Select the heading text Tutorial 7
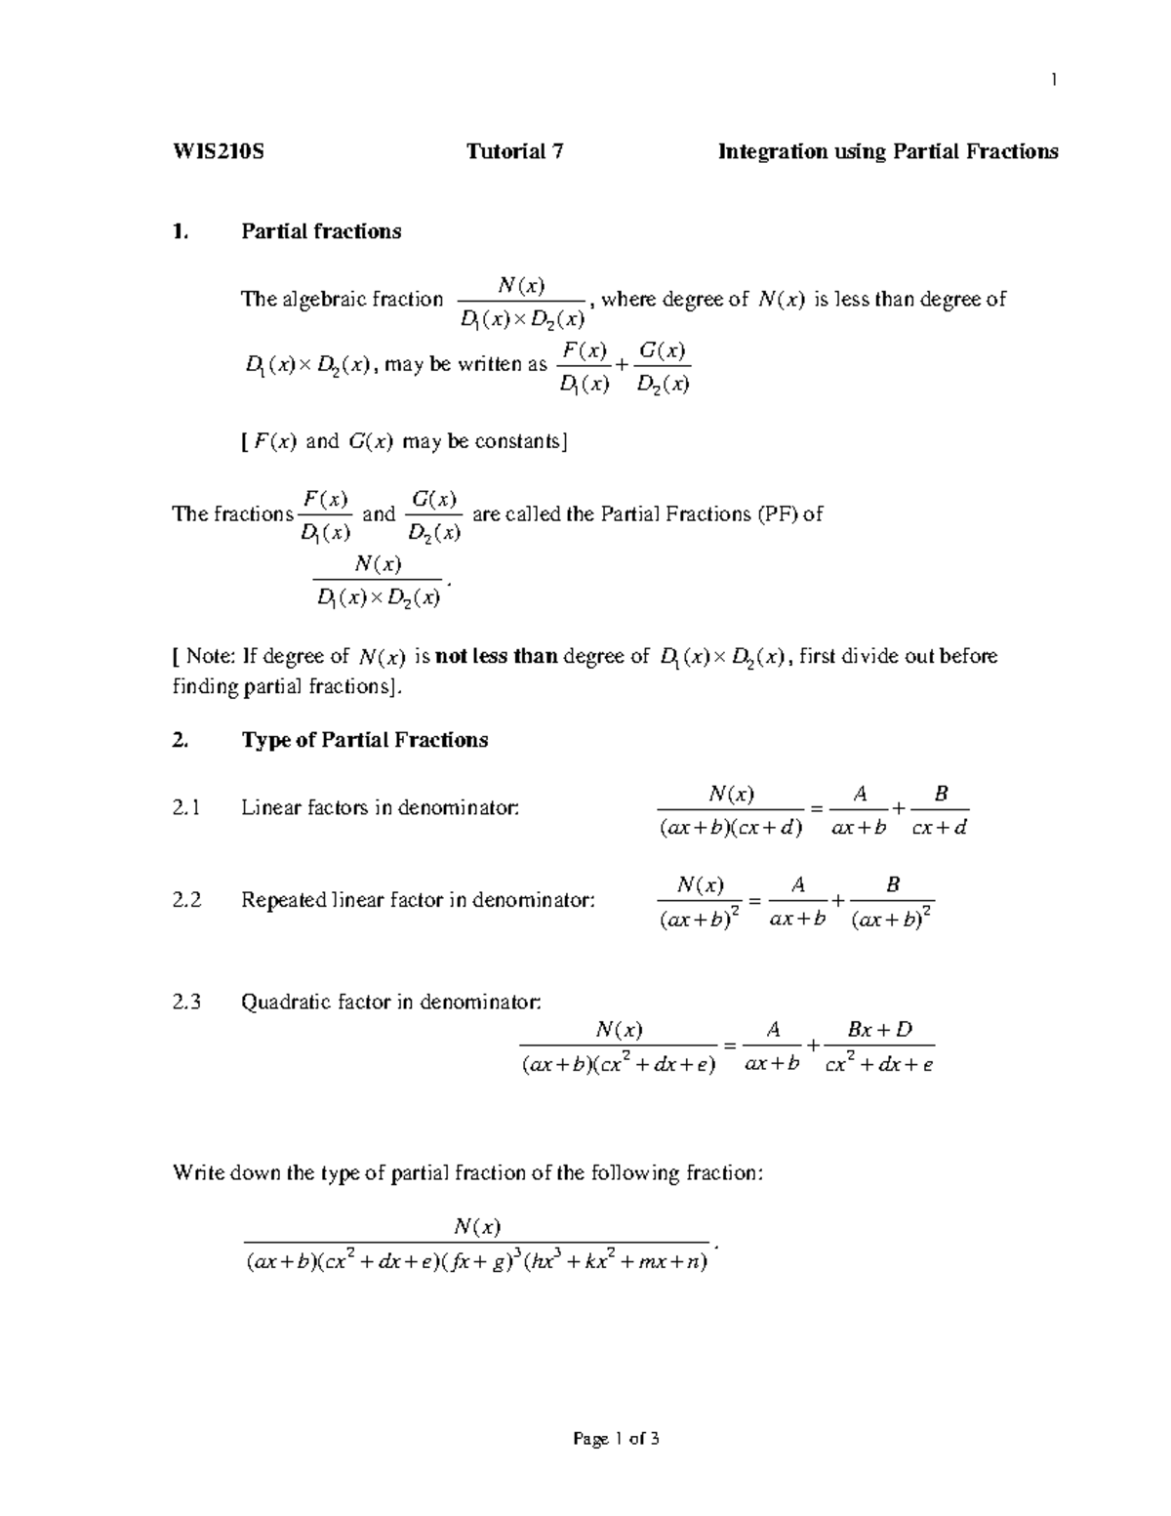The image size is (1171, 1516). (514, 151)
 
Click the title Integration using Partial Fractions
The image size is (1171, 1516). (888, 151)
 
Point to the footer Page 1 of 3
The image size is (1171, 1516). (617, 1438)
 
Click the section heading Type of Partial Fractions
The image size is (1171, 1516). (364, 740)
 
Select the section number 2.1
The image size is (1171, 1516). (186, 808)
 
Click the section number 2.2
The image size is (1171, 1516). (186, 900)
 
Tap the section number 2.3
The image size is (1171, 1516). (186, 1002)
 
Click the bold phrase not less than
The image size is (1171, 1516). (496, 656)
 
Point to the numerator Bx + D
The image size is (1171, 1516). (879, 1029)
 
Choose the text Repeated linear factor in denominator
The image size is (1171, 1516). (417, 900)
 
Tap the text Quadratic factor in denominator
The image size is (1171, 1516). (390, 1002)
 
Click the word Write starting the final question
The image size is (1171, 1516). (198, 1172)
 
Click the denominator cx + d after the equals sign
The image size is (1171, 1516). (938, 829)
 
